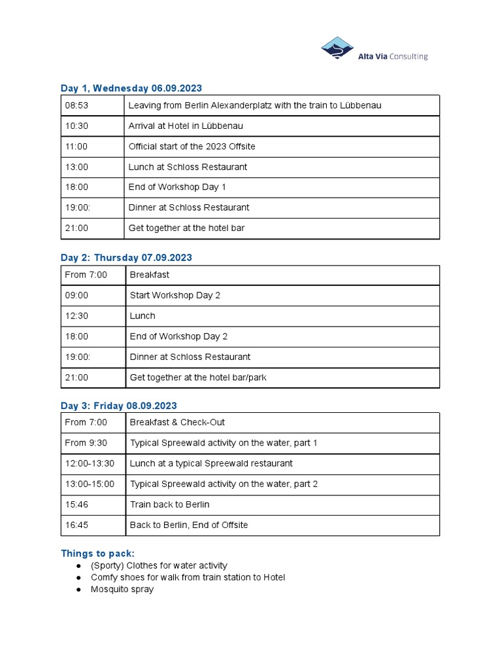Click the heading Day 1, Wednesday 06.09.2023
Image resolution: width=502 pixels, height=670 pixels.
coord(131,88)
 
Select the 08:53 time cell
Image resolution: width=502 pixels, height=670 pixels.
coord(76,105)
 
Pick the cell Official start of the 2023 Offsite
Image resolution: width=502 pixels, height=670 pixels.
coord(192,147)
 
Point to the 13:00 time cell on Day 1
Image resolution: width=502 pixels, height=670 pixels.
coord(76,167)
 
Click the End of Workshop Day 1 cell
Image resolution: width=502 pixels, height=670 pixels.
coord(177,187)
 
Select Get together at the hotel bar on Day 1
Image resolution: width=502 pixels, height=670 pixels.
coord(186,228)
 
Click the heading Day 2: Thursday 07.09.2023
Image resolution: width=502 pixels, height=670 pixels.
coord(126,258)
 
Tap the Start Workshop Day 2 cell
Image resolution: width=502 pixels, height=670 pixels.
coord(175,295)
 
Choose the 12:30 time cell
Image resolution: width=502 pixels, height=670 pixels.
coord(76,316)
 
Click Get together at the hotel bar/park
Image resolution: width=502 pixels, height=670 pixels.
coord(198,378)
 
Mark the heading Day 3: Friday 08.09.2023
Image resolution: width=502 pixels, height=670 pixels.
coord(118,406)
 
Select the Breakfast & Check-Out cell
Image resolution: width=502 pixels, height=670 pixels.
coord(177,423)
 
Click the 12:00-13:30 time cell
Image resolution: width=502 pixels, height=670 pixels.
coord(90,463)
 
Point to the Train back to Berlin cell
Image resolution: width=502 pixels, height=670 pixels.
coord(169,504)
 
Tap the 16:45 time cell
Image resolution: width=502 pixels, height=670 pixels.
coord(76,525)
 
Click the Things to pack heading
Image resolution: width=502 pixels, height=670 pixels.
coord(97,553)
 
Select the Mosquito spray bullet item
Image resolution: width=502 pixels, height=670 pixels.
coord(122,589)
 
